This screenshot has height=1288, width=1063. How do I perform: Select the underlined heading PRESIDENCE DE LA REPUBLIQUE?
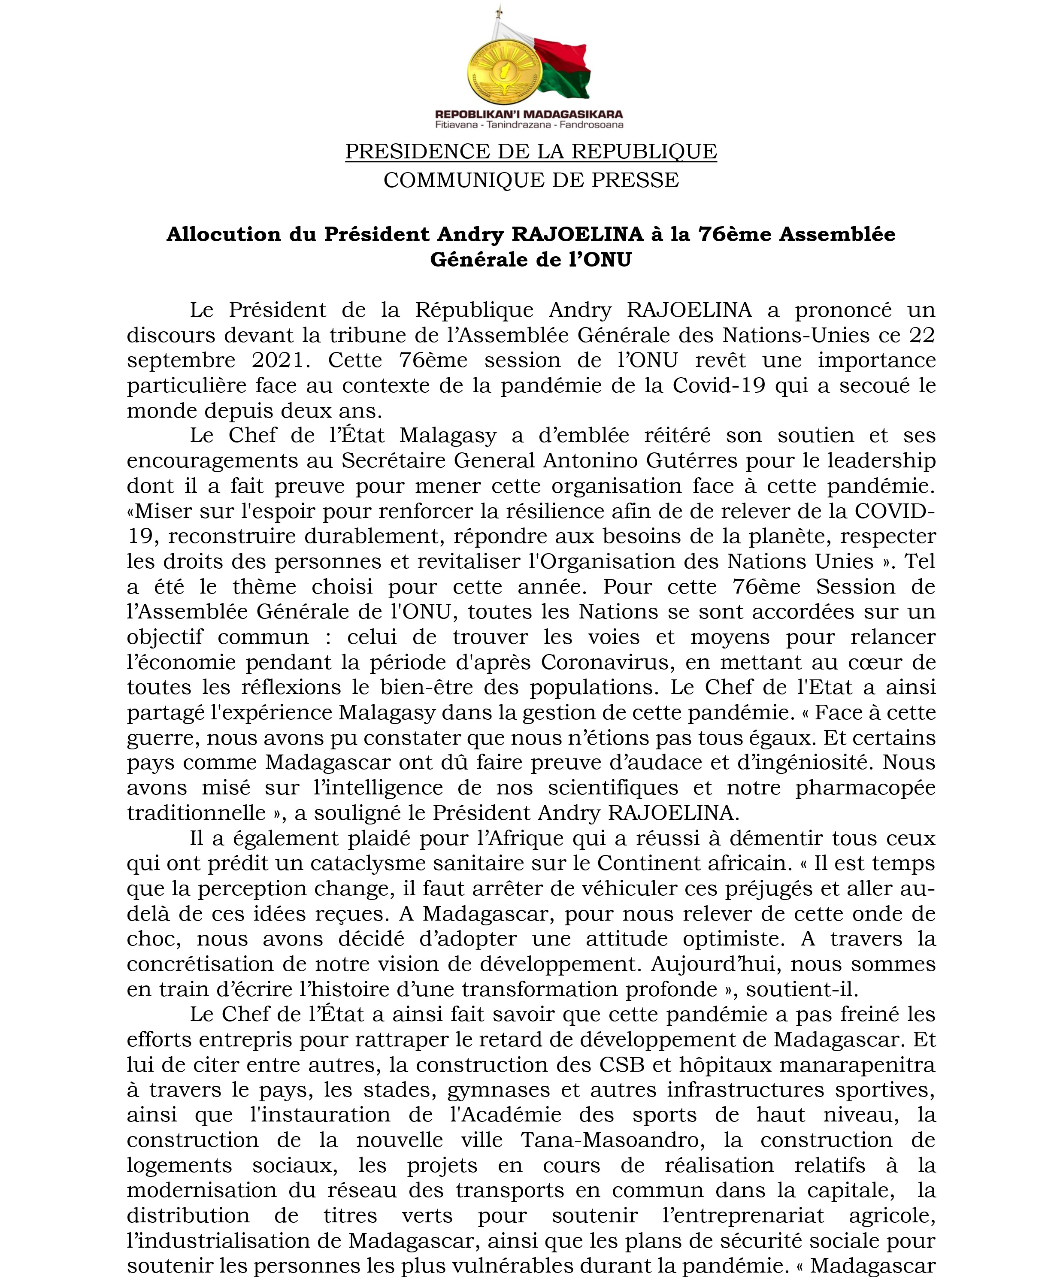pos(531,151)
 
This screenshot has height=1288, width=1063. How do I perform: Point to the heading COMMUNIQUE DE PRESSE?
pos(531,180)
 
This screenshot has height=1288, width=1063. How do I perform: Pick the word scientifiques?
pos(613,788)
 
